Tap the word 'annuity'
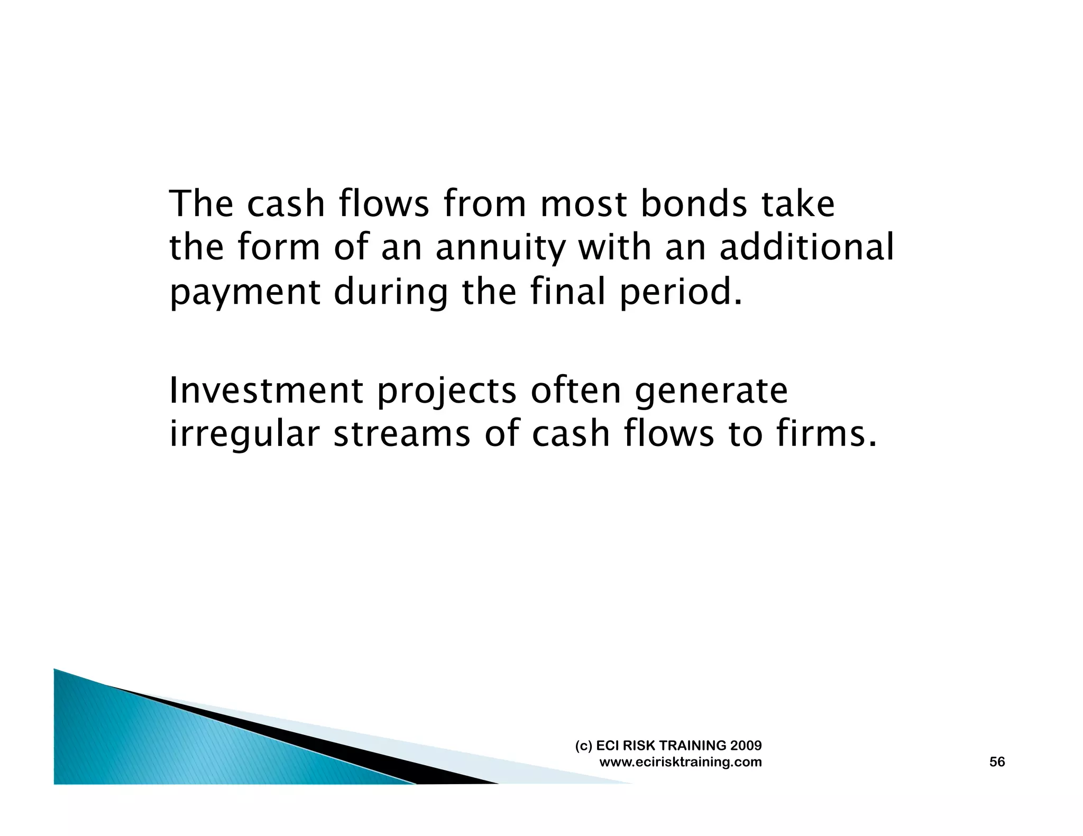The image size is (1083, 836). pos(500,248)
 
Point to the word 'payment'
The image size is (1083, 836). pos(245,293)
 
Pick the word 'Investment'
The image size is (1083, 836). pos(266,391)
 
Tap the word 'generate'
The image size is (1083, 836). pos(711,392)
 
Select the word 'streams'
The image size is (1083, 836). pos(401,434)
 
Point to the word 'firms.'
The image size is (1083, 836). pos(827,434)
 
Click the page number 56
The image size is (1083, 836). pos(997,762)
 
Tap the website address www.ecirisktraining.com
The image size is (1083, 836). pos(681,762)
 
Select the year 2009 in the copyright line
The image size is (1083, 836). pos(746,746)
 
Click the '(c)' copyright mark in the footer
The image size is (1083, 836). pos(584,746)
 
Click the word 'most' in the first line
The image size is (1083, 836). pos(583,205)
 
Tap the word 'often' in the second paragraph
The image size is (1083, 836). pos(575,391)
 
